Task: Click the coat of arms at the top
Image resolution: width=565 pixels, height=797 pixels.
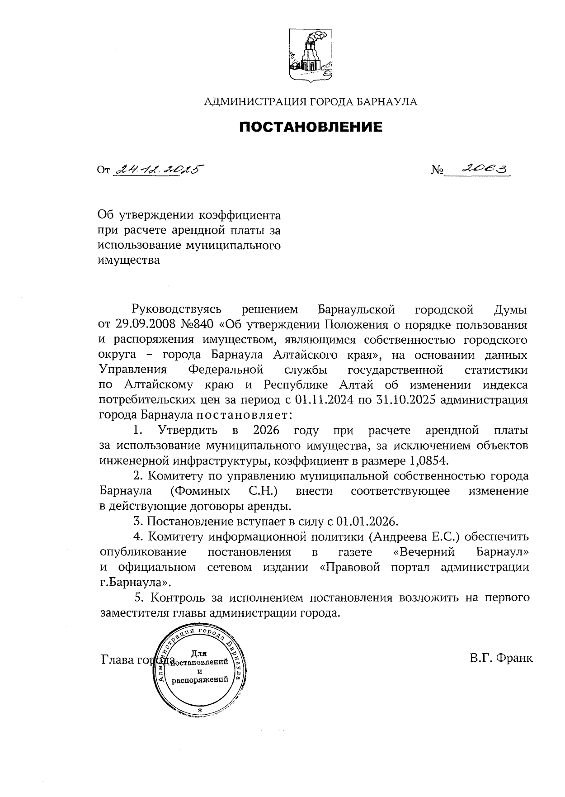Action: point(311,55)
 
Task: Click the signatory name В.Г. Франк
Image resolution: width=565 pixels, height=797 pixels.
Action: point(501,658)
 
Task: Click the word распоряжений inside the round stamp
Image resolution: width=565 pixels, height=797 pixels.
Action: point(199,680)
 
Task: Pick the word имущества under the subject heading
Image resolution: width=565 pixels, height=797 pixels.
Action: point(129,261)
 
